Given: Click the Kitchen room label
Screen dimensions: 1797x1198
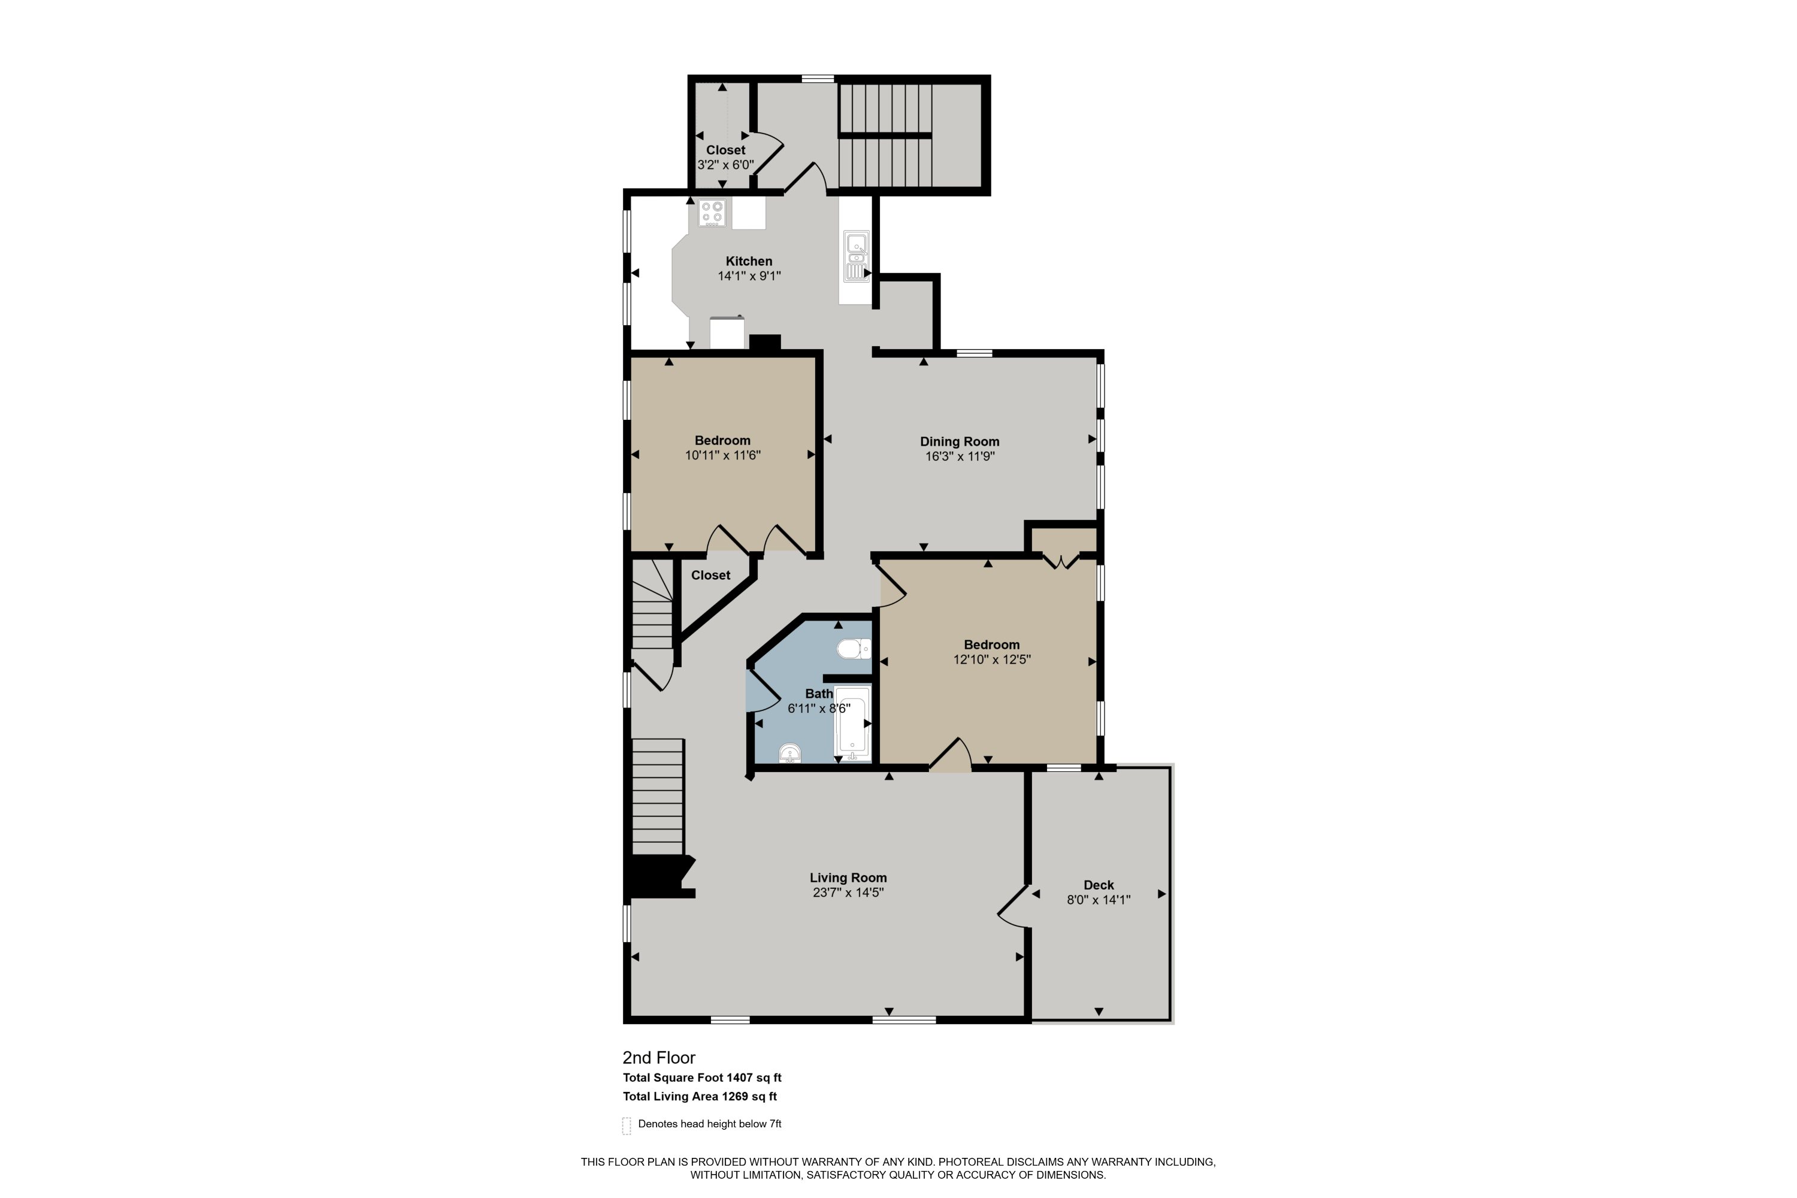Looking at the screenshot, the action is tap(749, 261).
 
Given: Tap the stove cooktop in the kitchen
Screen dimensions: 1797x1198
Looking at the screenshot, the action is tap(712, 213).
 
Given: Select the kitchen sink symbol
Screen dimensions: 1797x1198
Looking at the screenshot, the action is tap(857, 257).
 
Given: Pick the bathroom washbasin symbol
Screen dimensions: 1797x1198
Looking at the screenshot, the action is tap(790, 754).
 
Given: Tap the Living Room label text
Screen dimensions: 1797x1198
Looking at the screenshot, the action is tap(848, 878).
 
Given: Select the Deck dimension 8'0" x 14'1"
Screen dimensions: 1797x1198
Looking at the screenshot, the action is tap(1099, 900).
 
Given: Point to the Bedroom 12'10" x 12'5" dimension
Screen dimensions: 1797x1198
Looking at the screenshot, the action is tap(992, 659).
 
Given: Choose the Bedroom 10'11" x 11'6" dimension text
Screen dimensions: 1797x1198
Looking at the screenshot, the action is tap(723, 455).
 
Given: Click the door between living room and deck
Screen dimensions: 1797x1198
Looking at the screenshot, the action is tap(1015, 907).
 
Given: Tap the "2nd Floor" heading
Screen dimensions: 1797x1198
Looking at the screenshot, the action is tap(658, 1058).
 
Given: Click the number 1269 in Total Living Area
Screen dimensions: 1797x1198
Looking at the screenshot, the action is tap(735, 1096).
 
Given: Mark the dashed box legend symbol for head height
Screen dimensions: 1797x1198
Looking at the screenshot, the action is tap(627, 1126).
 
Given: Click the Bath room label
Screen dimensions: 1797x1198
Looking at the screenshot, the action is tap(819, 694).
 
